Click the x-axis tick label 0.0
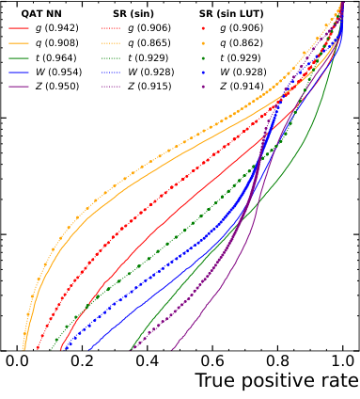point(16,360)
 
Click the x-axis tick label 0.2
point(82,360)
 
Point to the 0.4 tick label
point(148,360)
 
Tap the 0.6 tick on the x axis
point(212,360)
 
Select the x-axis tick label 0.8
point(278,360)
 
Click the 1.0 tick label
point(343,360)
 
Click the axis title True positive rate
point(276,381)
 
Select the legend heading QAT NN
point(41,14)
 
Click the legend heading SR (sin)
point(126,14)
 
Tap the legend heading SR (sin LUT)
point(230,14)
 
